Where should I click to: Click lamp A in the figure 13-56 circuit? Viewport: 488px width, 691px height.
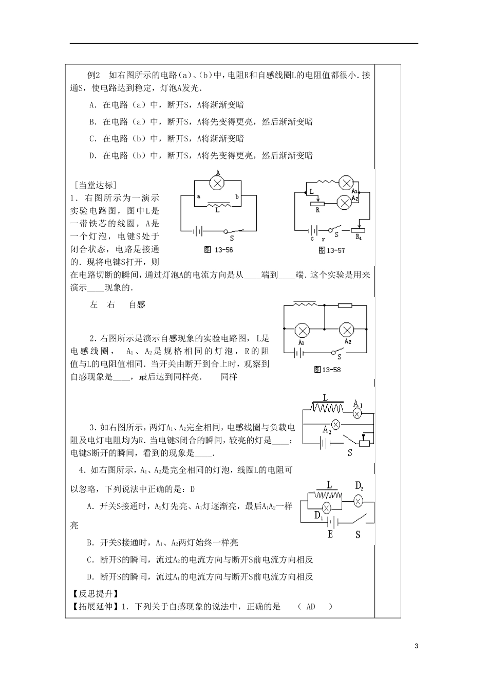click(218, 183)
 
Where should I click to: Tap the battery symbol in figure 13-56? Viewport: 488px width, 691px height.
click(197, 231)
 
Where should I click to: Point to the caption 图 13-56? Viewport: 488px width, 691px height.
click(218, 250)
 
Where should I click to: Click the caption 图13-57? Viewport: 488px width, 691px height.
click(331, 250)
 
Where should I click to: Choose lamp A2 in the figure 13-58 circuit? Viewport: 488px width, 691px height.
click(348, 328)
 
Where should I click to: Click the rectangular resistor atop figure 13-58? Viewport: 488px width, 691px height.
click(345, 305)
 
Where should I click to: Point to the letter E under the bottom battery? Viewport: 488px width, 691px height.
click(330, 534)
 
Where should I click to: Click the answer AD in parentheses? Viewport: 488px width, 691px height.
click(310, 607)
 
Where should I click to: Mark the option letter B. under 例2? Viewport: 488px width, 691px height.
click(93, 122)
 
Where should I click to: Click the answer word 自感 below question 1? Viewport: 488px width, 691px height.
click(137, 305)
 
